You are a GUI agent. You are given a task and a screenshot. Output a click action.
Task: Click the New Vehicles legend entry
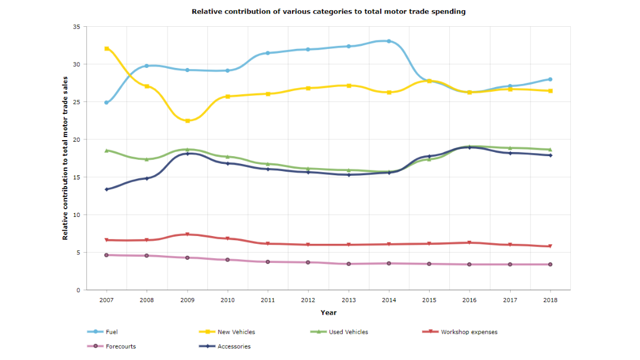point(237,332)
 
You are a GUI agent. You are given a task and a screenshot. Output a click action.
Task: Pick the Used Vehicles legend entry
point(348,332)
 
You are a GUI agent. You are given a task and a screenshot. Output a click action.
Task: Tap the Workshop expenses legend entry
point(469,332)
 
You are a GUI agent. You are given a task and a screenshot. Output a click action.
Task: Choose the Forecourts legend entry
point(120,346)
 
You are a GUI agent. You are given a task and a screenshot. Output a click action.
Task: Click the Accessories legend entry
point(234,346)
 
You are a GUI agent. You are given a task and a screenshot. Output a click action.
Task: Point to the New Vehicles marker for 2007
point(107,48)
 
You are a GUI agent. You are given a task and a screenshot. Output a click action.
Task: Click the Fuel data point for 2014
point(389,41)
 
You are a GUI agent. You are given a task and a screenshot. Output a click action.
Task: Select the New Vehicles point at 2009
point(187,121)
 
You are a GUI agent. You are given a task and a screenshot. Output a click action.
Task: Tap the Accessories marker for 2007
point(107,190)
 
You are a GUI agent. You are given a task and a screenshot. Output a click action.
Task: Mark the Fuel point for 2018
point(550,79)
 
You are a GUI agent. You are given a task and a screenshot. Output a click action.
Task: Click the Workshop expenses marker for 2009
point(187,234)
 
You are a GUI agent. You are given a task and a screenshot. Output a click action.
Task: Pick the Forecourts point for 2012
point(308,262)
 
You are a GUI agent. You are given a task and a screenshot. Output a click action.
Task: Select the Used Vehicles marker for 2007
point(107,150)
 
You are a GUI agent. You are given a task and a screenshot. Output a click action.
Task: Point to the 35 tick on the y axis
point(76,27)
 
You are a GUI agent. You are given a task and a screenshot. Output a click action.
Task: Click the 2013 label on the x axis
point(349,300)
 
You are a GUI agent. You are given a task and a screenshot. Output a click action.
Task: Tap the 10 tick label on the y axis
point(76,215)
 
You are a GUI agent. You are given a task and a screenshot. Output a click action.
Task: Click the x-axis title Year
point(328,312)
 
